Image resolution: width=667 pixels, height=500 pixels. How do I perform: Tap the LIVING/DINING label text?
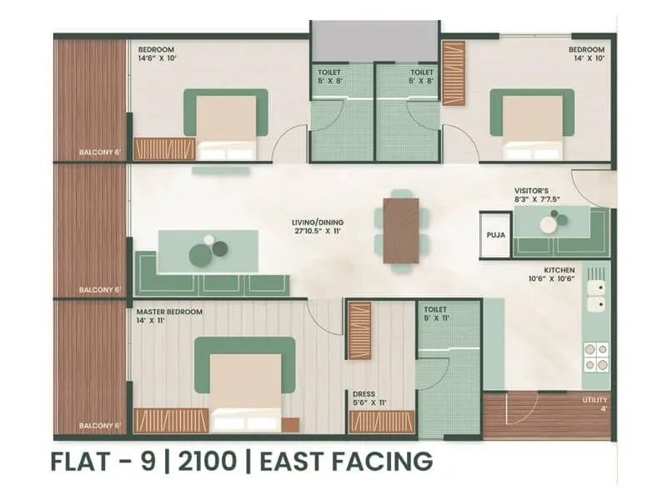pos(317,222)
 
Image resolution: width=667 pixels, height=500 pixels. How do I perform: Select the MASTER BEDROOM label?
pos(169,312)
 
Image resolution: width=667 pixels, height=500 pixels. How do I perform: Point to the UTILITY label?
pos(594,400)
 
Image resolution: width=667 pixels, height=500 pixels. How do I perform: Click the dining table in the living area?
pos(401,231)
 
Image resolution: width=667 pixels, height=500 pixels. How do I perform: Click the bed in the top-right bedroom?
pos(532,127)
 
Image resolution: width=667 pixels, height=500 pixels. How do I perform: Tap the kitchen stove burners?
pos(596,356)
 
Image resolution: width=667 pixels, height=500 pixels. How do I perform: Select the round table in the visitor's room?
pos(549,222)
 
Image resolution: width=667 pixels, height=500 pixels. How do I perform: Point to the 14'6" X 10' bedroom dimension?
pos(158,58)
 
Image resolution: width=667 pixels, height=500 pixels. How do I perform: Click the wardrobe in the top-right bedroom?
pos(453,74)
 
